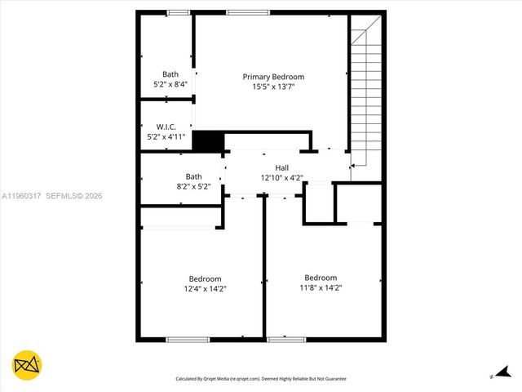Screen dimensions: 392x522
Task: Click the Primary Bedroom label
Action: (x=273, y=77)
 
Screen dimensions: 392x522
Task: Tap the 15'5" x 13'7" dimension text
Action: (x=273, y=87)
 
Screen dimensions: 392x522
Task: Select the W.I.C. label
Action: (x=166, y=127)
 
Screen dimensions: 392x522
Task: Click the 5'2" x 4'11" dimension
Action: (x=166, y=136)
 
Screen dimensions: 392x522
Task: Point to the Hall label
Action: (x=281, y=167)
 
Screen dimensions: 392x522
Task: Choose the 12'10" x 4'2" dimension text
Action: (x=281, y=177)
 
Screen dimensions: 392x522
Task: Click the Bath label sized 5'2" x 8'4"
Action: (x=170, y=73)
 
